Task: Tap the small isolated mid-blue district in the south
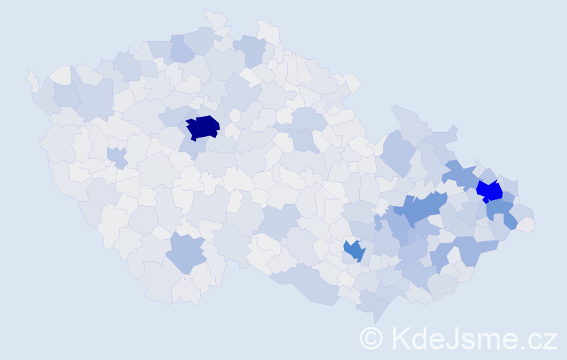354,251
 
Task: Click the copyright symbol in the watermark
371,337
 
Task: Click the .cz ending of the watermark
536,338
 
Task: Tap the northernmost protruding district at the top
214,16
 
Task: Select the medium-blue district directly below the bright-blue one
500,212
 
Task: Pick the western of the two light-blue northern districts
182,49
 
